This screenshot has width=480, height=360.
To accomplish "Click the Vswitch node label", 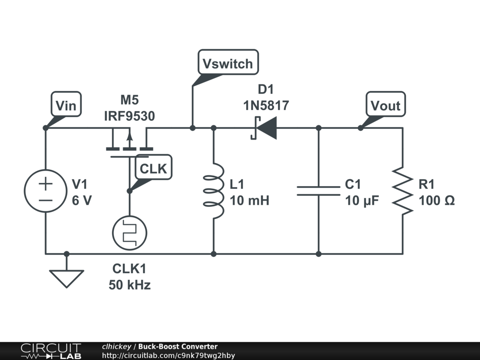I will coord(228,63).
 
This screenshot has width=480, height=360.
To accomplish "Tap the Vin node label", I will coord(66,105).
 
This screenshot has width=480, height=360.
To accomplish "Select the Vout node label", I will coord(385,105).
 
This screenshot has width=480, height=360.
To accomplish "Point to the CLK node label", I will coord(153,168).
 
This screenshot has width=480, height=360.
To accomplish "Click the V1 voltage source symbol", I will coord(45,191).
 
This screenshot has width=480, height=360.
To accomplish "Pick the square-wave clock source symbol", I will coord(129,232).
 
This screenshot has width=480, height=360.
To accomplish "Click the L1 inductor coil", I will coord(214,191).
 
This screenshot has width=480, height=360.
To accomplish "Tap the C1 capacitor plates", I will coord(318,191).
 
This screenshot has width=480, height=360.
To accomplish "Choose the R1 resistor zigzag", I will coord(402,191).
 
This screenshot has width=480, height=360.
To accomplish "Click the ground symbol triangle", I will coord(67,278).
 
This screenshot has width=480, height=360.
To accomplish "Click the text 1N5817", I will coord(266,106).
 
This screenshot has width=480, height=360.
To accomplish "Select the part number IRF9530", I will coord(129,116).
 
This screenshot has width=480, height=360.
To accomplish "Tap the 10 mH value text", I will coord(249,201).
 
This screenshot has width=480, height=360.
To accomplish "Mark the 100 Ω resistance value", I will coord(436,201).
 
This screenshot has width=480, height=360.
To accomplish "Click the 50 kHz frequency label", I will coord(130,284).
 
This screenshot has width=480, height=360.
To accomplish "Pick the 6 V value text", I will coord(82,201).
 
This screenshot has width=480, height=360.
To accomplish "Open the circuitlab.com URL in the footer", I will coord(168,355).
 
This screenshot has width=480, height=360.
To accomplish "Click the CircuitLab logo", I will coord(51,351).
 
